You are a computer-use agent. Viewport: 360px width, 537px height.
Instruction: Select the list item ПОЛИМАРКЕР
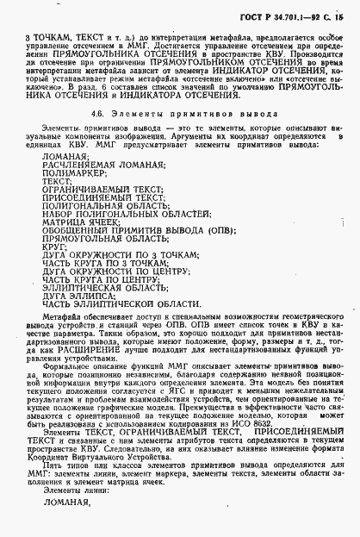67,172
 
